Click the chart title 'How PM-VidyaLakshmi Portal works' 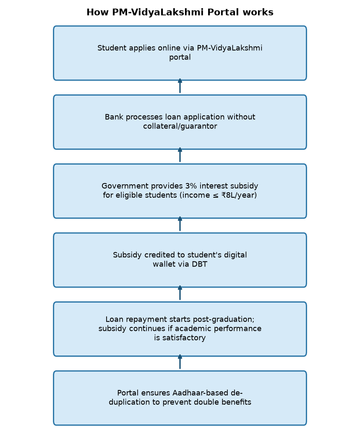pos(180,12)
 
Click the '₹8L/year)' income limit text pos(239,195)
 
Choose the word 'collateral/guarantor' pos(180,126)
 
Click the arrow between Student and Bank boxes pos(180,86)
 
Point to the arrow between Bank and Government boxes pos(180,155)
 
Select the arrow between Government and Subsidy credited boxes pos(180,224)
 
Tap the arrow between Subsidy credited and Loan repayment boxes pos(180,293)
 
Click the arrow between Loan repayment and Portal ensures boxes pos(180,362)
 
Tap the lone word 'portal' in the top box pos(180,58)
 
